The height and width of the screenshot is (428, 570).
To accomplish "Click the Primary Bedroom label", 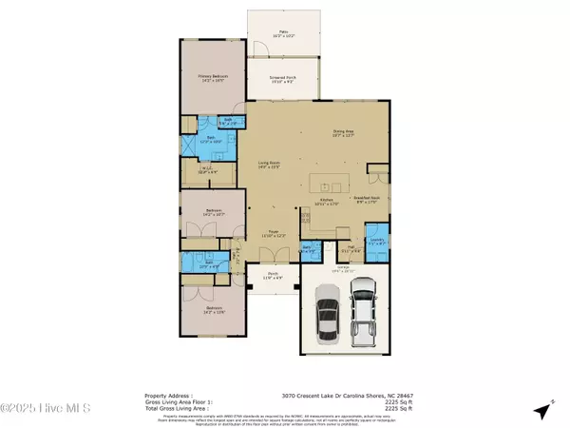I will tap(217, 78).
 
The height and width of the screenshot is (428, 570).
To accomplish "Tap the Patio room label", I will tap(283, 35).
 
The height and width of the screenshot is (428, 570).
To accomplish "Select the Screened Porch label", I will tap(283, 80).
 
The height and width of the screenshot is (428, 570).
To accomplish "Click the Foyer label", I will tap(273, 233).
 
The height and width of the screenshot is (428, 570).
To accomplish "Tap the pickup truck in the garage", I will tap(365, 304).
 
